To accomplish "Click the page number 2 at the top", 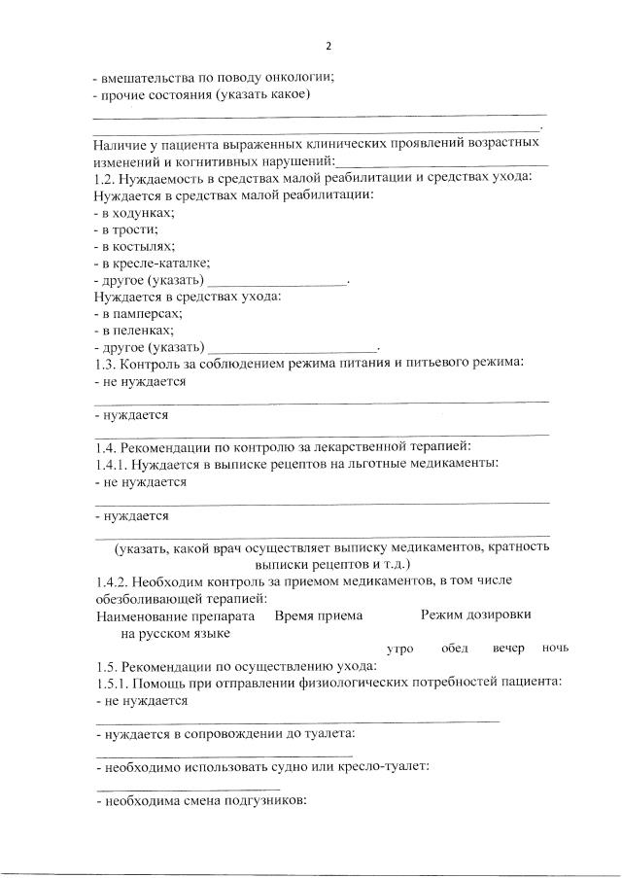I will [x=328, y=47].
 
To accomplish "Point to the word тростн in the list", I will [x=123, y=229].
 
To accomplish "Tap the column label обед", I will [x=455, y=649].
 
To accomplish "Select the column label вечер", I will [x=508, y=649].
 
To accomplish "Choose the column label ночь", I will [x=556, y=649].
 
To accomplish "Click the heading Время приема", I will [x=319, y=615].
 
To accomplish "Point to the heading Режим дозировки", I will [x=476, y=615].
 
